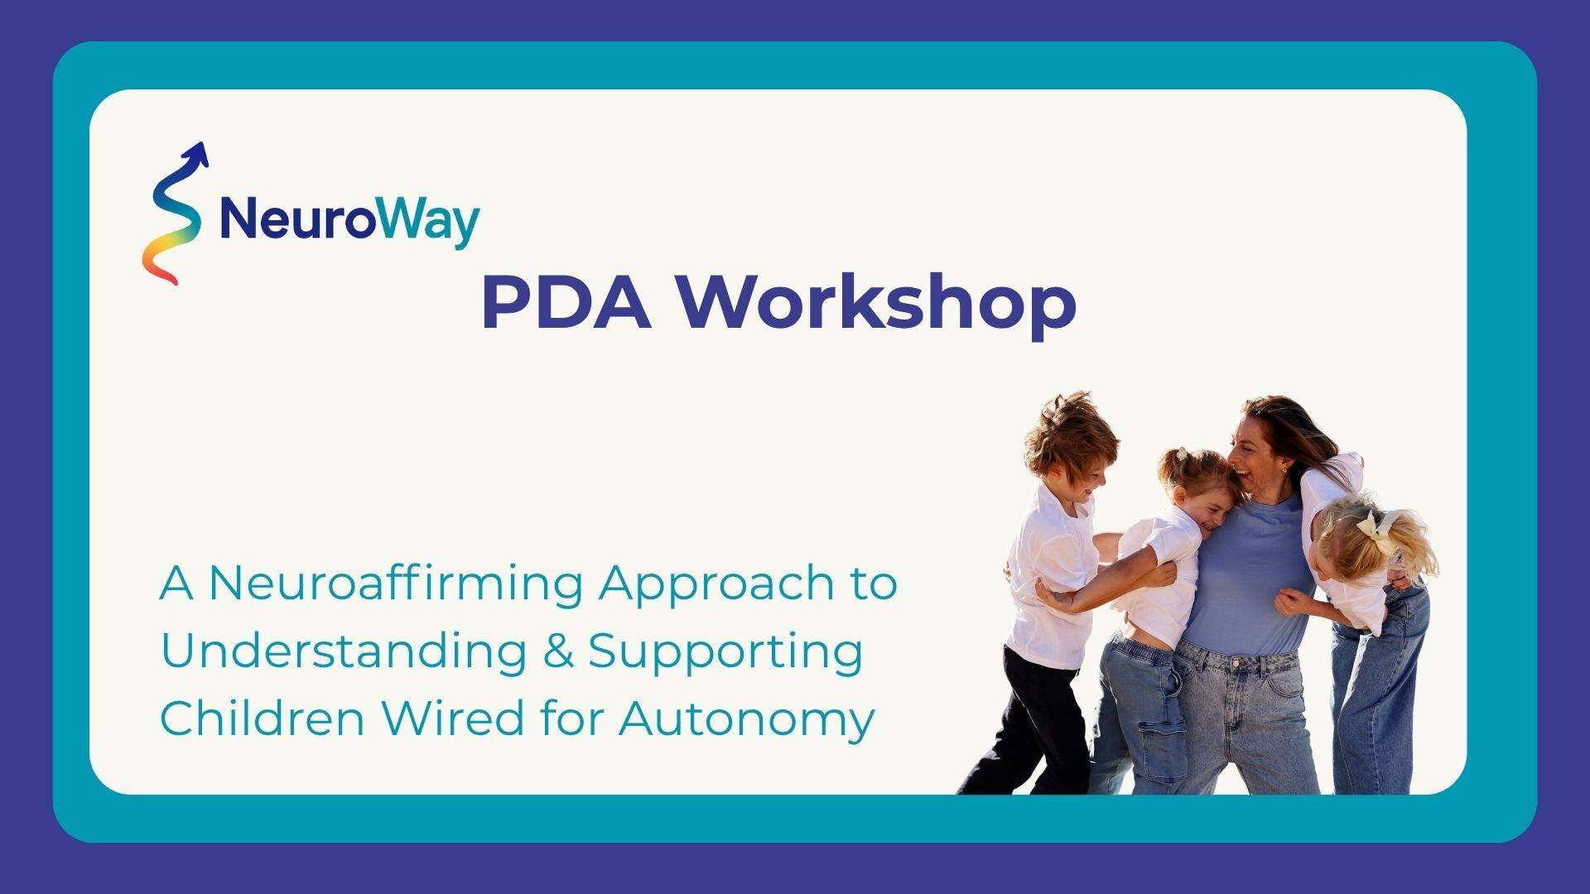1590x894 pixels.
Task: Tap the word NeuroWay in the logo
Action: tap(349, 220)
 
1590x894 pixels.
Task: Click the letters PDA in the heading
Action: tap(566, 303)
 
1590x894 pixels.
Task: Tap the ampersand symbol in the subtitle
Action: tap(559, 651)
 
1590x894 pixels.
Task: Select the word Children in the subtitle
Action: tap(262, 717)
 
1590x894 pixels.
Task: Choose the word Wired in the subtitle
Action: tap(452, 717)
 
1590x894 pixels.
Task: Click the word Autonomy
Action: tap(746, 720)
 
